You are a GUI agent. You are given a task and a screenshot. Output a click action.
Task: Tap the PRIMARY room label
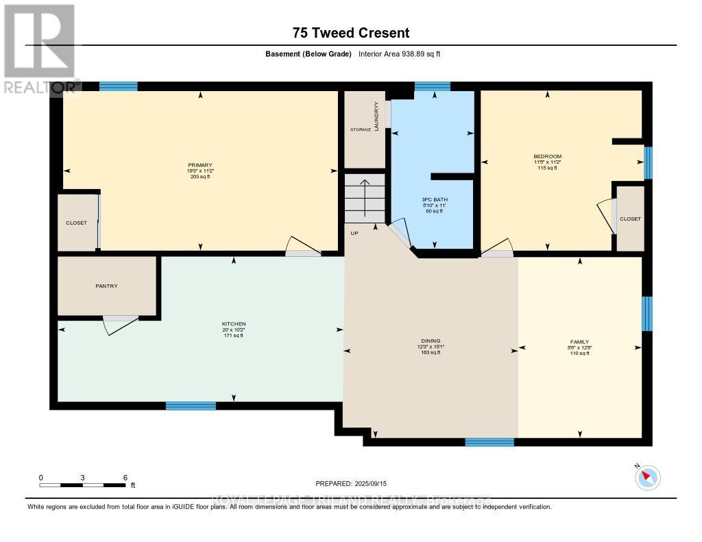point(200,165)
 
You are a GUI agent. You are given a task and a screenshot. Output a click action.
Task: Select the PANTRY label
point(106,286)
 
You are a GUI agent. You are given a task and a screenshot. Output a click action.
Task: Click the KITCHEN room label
point(233,323)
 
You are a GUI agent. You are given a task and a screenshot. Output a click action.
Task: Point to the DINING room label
point(431,341)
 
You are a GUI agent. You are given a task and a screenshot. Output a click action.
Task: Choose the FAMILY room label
point(579,341)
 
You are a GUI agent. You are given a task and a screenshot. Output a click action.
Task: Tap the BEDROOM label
point(547,157)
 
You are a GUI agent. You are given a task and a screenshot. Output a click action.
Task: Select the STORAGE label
point(361,130)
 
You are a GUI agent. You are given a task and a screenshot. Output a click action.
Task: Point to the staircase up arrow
point(365,195)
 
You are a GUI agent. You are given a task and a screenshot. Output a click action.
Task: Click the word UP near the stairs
point(354,234)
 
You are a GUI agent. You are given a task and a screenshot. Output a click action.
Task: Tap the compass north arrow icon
point(648,477)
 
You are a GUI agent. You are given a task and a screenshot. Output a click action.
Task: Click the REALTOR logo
point(40,48)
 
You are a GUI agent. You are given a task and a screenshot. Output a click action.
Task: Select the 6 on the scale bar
point(125,477)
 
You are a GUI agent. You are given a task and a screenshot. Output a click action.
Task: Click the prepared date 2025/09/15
point(374,483)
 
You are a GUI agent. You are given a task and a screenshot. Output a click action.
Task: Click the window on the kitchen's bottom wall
point(191,406)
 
